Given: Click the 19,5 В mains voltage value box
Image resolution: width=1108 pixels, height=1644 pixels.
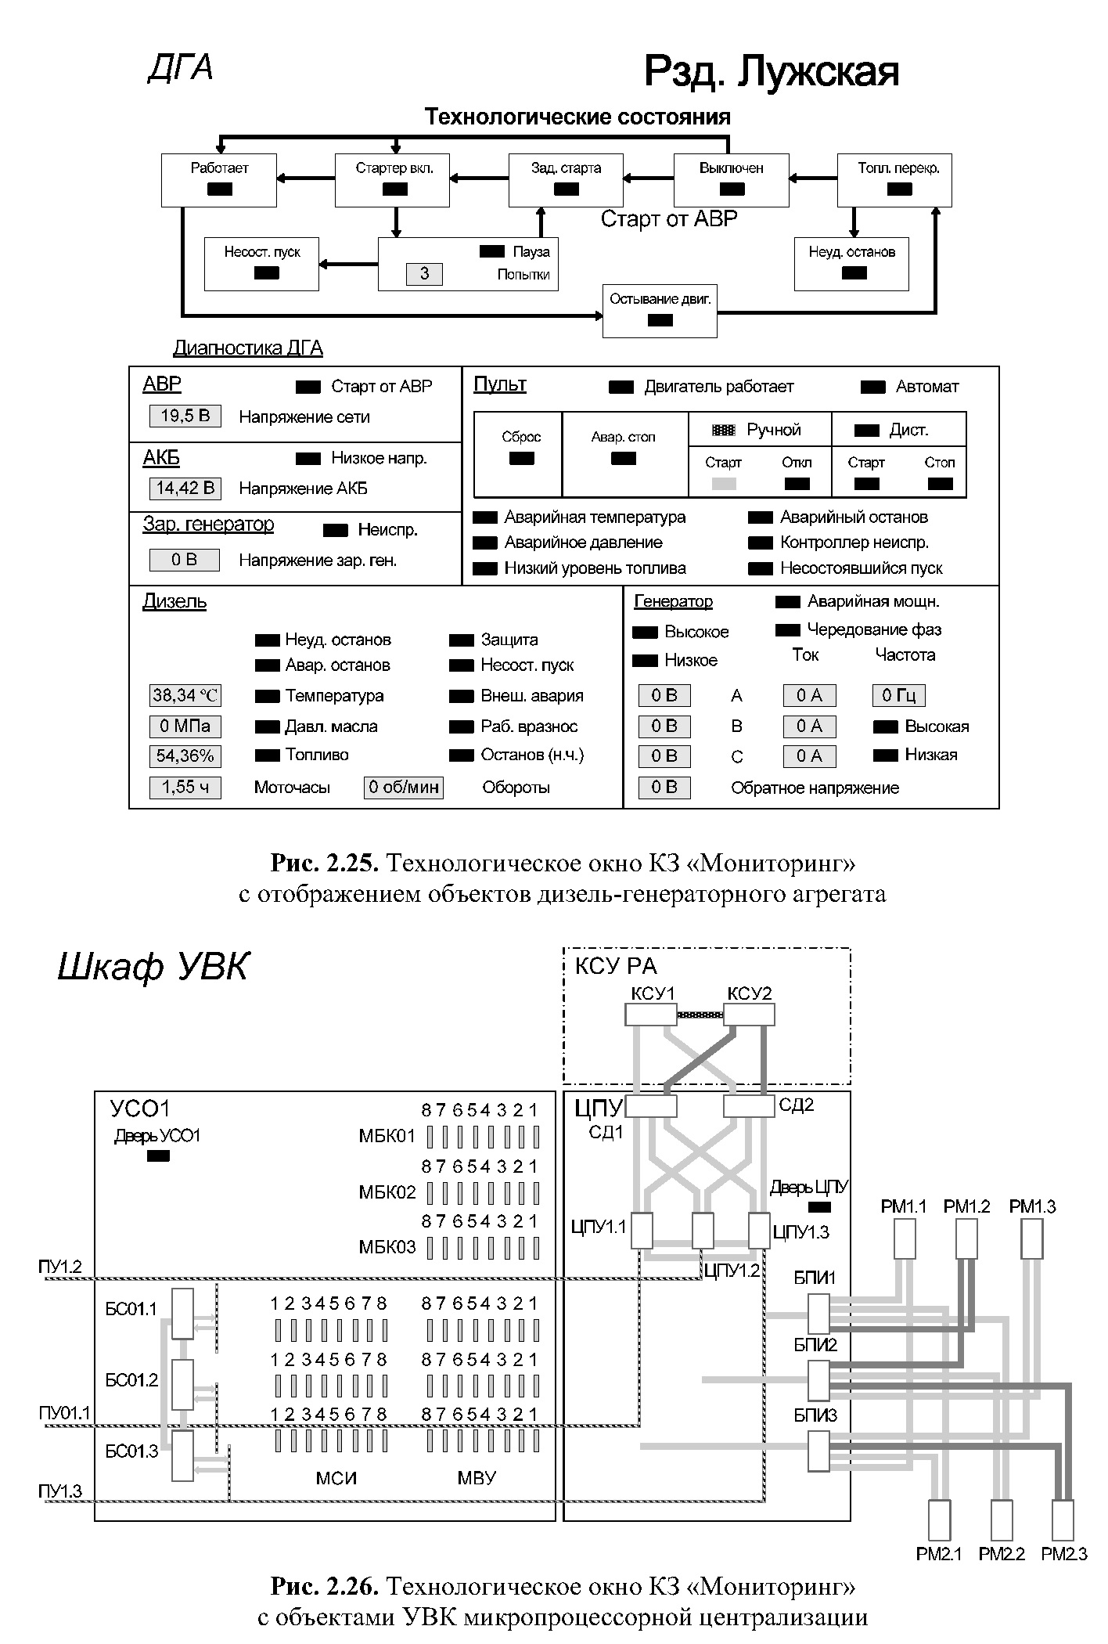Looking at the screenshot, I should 185,416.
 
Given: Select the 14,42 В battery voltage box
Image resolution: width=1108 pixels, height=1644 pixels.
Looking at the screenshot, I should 185,489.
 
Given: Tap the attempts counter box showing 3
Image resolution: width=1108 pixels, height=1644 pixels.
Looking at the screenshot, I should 424,274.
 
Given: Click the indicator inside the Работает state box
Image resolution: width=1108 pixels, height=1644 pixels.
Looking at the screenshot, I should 219,189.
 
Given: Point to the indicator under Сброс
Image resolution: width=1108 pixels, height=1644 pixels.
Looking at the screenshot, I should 521,459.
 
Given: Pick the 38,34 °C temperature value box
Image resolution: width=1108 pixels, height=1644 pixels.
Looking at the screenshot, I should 185,695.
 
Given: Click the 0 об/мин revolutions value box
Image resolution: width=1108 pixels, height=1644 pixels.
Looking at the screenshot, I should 404,787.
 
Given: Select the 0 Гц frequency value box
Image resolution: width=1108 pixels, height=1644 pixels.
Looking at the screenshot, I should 899,695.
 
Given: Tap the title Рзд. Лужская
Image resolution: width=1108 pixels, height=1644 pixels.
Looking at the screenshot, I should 771,72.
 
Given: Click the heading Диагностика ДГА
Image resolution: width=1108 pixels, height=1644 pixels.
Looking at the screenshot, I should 248,348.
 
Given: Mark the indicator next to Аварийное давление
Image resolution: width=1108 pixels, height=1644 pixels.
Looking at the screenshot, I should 486,543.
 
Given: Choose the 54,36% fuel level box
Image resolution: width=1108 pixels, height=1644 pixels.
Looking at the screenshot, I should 185,756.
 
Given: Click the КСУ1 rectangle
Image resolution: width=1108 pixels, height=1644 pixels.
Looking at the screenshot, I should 651,1015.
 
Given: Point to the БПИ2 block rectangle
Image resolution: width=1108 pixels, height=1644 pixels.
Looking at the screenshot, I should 818,1380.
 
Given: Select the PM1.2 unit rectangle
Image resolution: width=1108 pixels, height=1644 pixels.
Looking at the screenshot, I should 966,1239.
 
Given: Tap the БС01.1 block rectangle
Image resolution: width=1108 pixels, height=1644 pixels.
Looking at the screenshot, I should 182,1315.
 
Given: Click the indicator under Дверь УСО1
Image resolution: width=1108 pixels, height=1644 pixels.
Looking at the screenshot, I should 158,1157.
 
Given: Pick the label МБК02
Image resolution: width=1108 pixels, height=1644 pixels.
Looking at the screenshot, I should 387,1193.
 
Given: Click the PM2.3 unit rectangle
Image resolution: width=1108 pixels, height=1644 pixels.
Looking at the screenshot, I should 1063,1520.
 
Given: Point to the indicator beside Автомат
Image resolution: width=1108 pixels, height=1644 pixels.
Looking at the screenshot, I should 872,387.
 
